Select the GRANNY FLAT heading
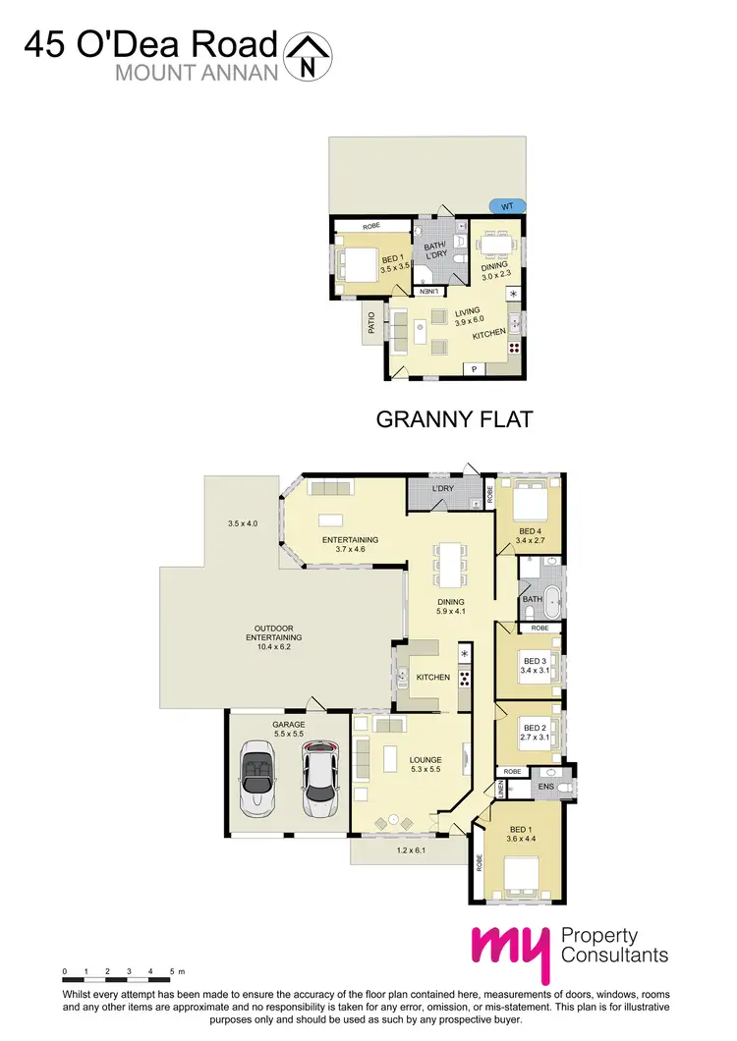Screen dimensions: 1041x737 454,420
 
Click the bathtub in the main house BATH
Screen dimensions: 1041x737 551,598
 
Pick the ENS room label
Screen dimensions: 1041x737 546,787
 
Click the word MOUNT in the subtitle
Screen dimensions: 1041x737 147,71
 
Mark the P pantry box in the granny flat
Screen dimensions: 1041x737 475,369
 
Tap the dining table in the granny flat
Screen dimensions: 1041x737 496,240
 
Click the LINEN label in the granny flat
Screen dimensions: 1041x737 428,292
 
